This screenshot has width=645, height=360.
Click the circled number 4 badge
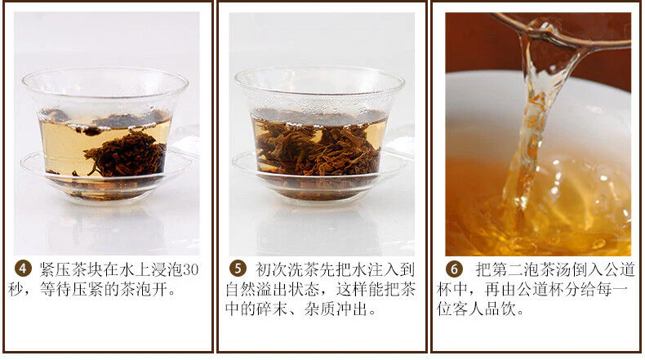(x=23, y=269)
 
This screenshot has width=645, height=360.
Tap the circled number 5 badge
(x=238, y=269)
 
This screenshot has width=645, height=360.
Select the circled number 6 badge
(x=454, y=269)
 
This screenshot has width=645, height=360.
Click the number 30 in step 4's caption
(x=190, y=269)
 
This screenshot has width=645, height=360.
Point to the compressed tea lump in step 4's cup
(x=127, y=153)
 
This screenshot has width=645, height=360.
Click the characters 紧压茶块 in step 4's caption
(x=71, y=269)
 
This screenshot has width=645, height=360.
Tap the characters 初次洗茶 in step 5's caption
(x=287, y=269)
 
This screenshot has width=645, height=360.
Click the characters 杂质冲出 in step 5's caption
(x=336, y=309)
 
